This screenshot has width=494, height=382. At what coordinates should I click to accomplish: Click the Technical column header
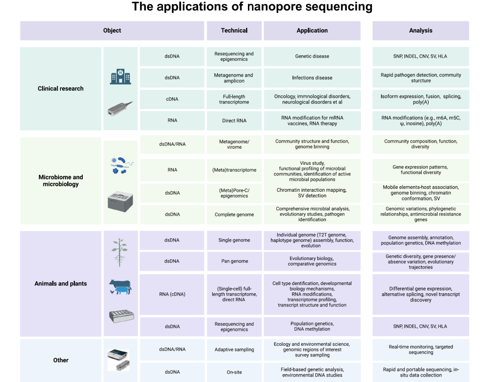click(x=234, y=31)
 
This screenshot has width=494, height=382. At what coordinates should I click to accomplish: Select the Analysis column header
click(x=420, y=31)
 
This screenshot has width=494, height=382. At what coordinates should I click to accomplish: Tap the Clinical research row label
click(x=61, y=89)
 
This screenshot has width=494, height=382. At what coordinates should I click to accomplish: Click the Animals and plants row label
click(x=61, y=284)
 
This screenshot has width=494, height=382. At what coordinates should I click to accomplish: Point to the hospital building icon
click(x=120, y=76)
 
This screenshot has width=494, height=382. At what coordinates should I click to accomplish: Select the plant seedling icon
click(x=119, y=252)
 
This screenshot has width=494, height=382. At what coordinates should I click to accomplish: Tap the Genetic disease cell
click(x=312, y=57)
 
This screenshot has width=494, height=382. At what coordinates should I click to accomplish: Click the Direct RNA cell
click(x=234, y=121)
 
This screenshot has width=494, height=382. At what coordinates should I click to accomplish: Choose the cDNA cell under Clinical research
click(x=172, y=99)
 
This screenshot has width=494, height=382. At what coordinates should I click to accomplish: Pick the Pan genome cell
click(x=234, y=261)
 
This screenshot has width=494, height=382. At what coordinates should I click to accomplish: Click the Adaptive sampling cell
click(x=234, y=350)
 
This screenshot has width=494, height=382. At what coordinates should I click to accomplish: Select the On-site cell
click(x=234, y=372)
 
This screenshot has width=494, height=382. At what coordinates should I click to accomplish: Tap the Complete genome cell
click(x=234, y=215)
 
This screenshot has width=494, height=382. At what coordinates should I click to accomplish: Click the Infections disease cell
click(x=312, y=78)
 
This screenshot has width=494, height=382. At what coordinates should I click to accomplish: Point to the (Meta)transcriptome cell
click(x=234, y=170)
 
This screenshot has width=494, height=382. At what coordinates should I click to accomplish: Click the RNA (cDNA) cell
click(x=172, y=294)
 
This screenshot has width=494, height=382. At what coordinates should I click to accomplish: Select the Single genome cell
click(x=234, y=240)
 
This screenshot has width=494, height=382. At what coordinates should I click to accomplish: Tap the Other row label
click(x=61, y=360)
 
